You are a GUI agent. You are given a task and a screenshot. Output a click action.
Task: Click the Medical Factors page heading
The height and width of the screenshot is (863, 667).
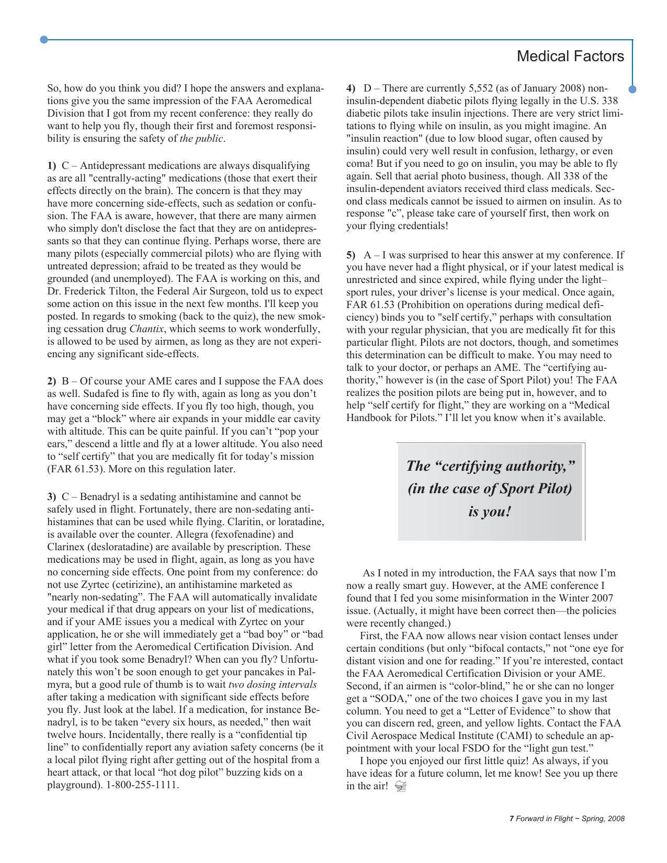(570, 56)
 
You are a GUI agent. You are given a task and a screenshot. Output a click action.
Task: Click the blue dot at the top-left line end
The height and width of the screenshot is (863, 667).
(44, 40)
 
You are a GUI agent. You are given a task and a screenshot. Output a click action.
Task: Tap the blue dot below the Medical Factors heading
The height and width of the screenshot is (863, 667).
(632, 89)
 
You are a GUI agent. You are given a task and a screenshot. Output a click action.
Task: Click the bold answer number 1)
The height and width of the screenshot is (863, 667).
(52, 166)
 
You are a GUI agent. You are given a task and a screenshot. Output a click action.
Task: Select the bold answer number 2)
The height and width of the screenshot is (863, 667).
(52, 381)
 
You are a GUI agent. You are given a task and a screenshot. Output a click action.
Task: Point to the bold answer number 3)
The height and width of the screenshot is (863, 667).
(52, 497)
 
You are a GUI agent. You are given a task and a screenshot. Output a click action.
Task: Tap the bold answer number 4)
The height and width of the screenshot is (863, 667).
(351, 88)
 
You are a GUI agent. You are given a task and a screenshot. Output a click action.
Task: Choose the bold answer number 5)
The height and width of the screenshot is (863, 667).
(351, 255)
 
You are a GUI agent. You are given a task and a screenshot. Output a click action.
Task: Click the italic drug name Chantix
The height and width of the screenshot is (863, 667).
(146, 329)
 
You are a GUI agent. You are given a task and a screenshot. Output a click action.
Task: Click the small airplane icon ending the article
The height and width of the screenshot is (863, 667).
(401, 786)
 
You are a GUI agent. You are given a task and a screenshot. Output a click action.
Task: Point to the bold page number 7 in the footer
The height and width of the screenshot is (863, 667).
(512, 819)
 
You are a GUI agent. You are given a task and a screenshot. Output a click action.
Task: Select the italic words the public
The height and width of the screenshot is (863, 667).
(201, 139)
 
